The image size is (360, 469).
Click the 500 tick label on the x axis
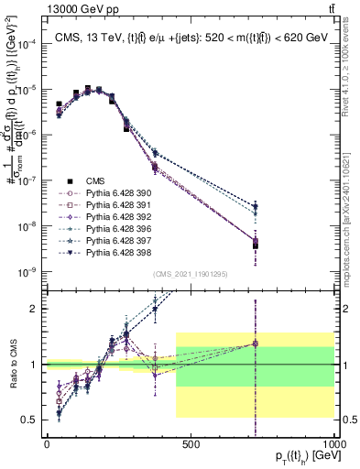point(191,443)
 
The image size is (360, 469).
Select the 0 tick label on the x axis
point(47,443)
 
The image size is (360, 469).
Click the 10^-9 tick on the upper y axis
point(27,272)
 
